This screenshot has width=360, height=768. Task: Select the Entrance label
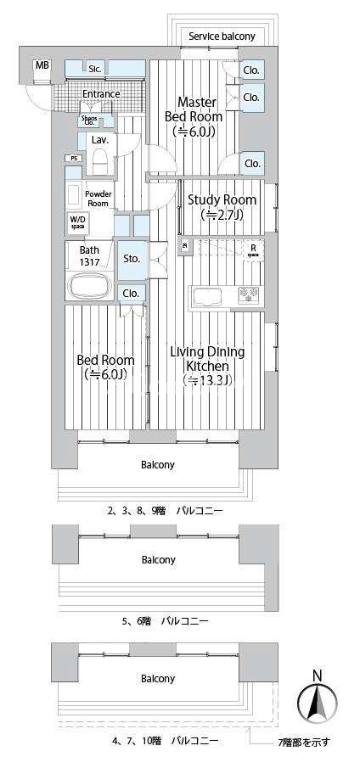101,93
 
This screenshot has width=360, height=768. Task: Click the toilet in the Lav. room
99,160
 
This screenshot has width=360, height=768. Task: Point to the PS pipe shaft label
74,158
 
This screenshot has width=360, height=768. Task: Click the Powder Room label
98,199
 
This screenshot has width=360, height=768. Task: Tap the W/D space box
77,223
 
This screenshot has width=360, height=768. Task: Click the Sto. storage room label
131,258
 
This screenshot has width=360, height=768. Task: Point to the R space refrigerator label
252,249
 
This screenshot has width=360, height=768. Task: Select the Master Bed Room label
200,117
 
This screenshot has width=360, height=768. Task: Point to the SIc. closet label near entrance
95,67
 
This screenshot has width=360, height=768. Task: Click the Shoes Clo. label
89,121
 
